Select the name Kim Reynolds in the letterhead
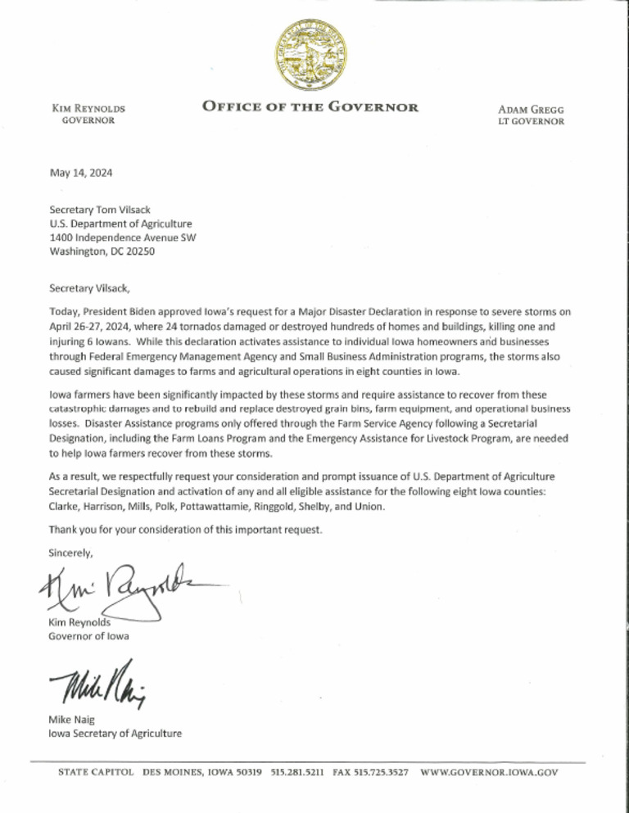[x=88, y=108]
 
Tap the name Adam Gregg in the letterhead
[x=531, y=109]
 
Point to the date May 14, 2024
[x=81, y=173]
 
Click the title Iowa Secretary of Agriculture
[x=115, y=733]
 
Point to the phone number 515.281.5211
[x=297, y=772]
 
